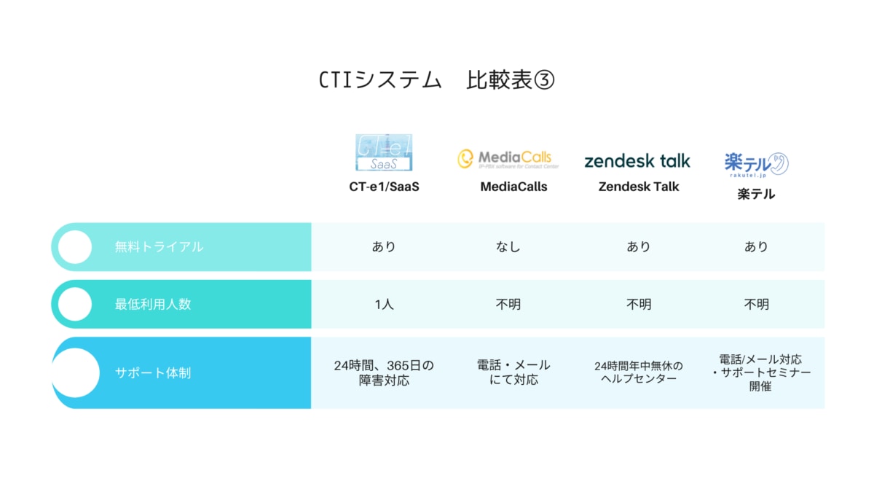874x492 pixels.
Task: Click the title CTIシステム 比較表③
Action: pyautogui.click(x=437, y=79)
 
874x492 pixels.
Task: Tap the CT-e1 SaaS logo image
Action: pyautogui.click(x=384, y=152)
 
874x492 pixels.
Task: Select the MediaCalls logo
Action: pyautogui.click(x=504, y=159)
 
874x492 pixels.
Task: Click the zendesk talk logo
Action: pyautogui.click(x=637, y=160)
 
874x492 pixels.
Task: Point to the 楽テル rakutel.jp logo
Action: pyautogui.click(x=756, y=163)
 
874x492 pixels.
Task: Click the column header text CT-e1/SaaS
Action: pyautogui.click(x=384, y=187)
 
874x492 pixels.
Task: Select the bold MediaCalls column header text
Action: pyautogui.click(x=513, y=187)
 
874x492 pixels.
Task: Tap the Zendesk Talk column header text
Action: pyautogui.click(x=639, y=187)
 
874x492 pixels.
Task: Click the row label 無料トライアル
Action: pyautogui.click(x=159, y=247)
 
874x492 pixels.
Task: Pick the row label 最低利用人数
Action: pyautogui.click(x=153, y=304)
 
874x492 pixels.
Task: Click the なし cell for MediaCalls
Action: pyautogui.click(x=508, y=247)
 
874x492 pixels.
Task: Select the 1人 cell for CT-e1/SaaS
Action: pyautogui.click(x=384, y=304)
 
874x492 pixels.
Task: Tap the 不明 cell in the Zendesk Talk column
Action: pyautogui.click(x=639, y=304)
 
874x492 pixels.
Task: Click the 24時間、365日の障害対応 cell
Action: pyautogui.click(x=384, y=372)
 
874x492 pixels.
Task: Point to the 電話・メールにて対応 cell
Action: pyautogui.click(x=513, y=372)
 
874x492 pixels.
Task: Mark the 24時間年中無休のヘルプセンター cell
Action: pyautogui.click(x=639, y=372)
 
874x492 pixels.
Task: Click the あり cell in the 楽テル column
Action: pyautogui.click(x=756, y=247)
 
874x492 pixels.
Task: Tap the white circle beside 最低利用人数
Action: pyautogui.click(x=74, y=304)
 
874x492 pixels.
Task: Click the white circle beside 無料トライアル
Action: pyautogui.click(x=74, y=247)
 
